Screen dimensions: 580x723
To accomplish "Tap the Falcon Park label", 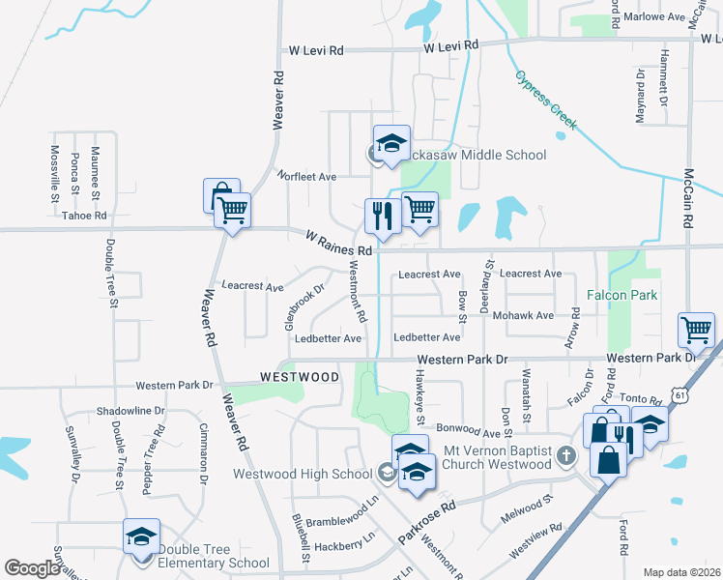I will [623, 293].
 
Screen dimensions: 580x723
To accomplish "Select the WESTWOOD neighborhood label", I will [300, 376].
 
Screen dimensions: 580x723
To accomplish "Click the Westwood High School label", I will [303, 474].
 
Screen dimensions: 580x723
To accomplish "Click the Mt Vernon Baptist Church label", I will [496, 457].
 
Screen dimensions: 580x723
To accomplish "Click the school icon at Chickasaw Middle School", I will [391, 144].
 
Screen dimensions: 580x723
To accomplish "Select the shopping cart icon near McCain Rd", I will [696, 331].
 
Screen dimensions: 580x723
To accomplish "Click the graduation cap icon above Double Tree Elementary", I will [141, 536].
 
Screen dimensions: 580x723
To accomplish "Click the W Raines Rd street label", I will [339, 243].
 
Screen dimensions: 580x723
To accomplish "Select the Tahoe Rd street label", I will [84, 216].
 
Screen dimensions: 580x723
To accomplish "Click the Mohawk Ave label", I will [523, 316].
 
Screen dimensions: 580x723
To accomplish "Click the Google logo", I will [32, 568].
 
